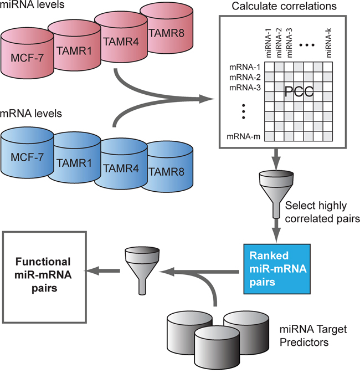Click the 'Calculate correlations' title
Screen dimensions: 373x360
point(292,7)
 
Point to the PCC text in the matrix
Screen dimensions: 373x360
point(299,93)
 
